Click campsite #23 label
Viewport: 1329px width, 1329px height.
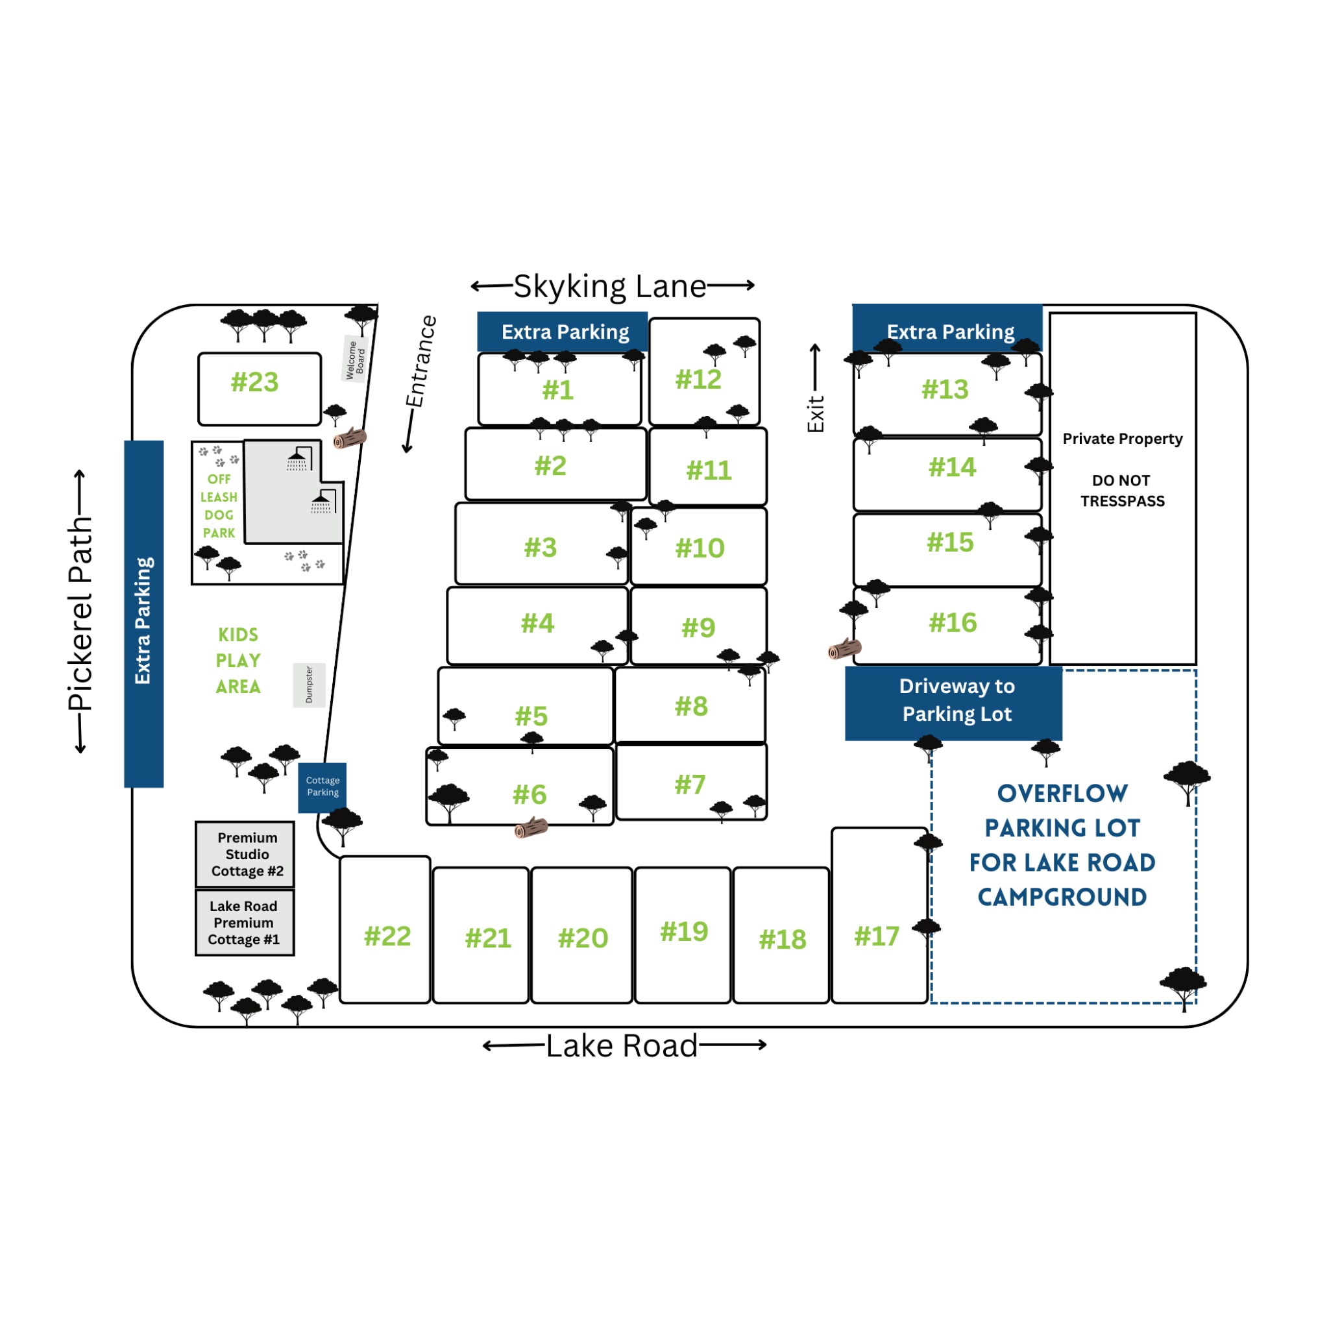(254, 382)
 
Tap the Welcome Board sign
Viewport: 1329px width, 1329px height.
(355, 359)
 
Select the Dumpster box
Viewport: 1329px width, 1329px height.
(309, 685)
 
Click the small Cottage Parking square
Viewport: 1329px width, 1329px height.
(323, 787)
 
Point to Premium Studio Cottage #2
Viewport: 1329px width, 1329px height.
(245, 855)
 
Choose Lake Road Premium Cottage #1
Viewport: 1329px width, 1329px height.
(244, 923)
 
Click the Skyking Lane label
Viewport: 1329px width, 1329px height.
(609, 286)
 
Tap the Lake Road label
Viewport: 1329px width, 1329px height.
(621, 1046)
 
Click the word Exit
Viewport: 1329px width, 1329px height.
(815, 413)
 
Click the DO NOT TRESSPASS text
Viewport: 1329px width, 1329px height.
(1122, 491)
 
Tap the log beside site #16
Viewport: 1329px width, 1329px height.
(844, 649)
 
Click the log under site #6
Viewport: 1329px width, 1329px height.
(531, 827)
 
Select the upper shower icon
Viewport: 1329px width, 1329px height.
(299, 459)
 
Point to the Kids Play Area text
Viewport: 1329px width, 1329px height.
(238, 661)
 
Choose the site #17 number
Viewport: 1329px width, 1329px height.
(876, 936)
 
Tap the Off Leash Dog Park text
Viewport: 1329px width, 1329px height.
(219, 506)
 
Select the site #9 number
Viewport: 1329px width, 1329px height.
(698, 628)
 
